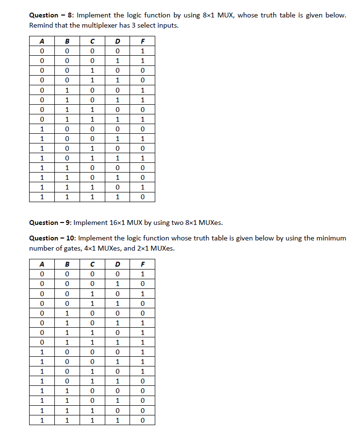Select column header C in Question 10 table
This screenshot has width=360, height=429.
point(92,264)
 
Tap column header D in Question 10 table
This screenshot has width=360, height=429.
point(117,264)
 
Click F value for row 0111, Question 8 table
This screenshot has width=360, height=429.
point(142,119)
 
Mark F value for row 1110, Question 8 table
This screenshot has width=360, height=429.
point(142,187)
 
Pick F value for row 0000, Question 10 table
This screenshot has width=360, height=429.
point(142,274)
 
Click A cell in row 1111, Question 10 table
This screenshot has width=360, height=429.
point(42,420)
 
